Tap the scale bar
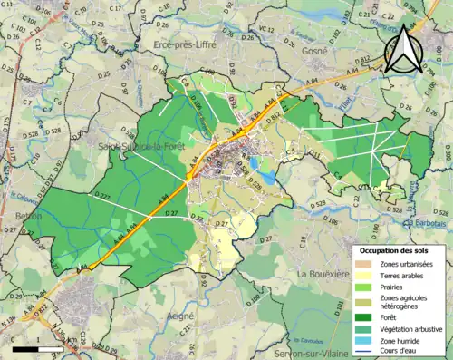(x=39, y=348)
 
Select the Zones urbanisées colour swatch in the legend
(x=362, y=263)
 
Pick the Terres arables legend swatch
(x=362, y=276)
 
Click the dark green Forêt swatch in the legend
(x=362, y=316)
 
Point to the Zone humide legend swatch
(x=362, y=341)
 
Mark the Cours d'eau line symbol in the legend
(x=362, y=353)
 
